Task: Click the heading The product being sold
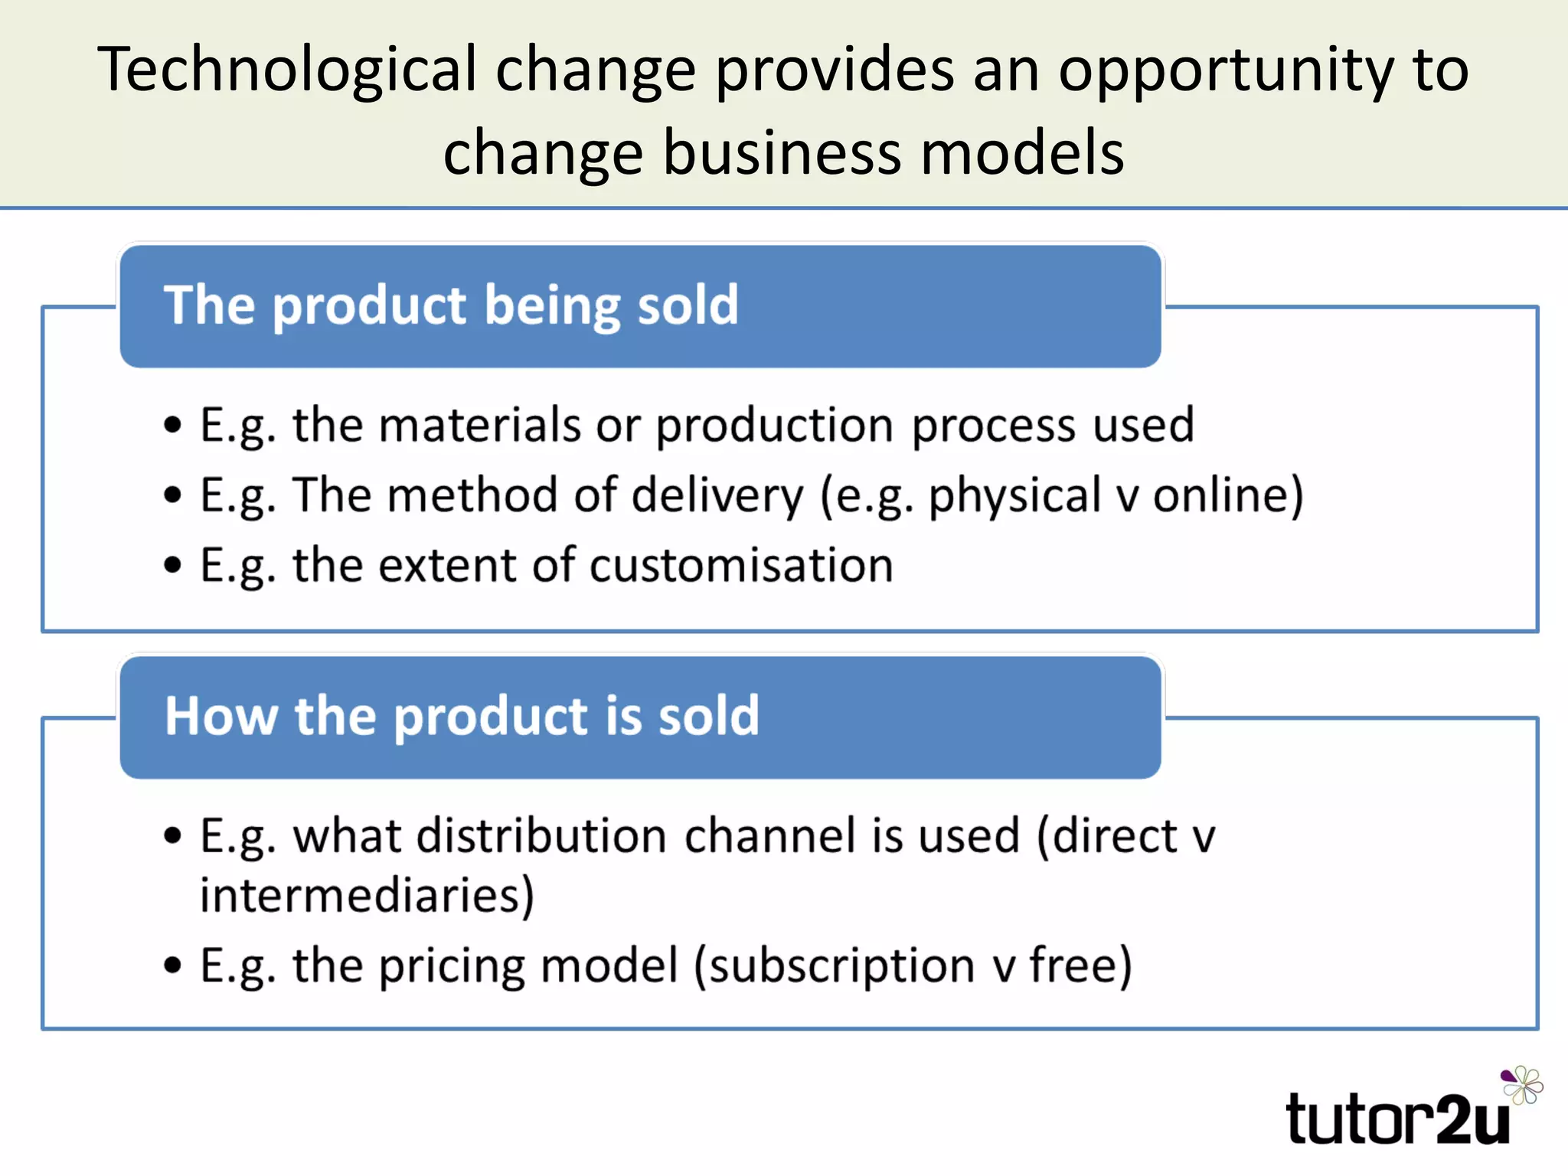pos(451,305)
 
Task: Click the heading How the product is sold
pos(462,717)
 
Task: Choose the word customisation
pos(741,566)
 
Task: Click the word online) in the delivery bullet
pos(1228,495)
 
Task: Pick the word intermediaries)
pos(367,895)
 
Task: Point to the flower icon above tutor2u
pos(1521,1085)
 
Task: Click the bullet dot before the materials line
pos(173,425)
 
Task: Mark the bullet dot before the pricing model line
pos(173,965)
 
